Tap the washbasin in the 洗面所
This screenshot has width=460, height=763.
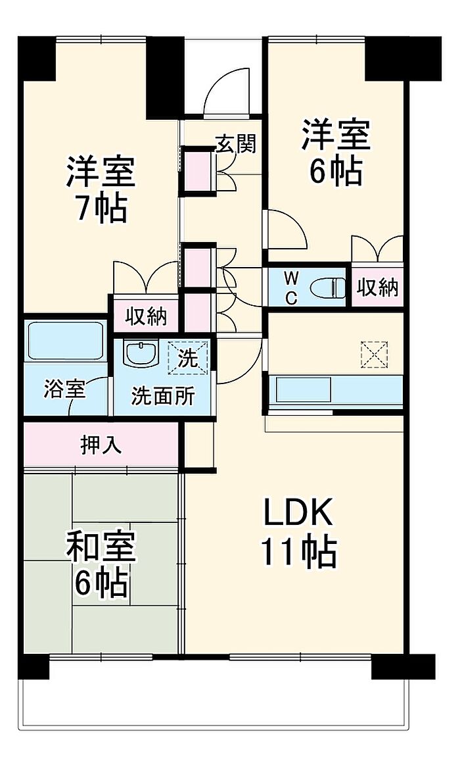(x=141, y=354)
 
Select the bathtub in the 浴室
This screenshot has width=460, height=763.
(x=66, y=340)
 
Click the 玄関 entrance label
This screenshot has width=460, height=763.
(x=236, y=143)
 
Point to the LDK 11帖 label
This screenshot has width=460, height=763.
(x=298, y=533)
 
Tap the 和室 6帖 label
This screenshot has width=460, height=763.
(x=101, y=564)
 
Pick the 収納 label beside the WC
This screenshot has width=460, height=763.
(x=378, y=287)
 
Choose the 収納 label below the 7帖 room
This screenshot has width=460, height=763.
(x=146, y=316)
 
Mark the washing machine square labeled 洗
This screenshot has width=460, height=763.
(x=188, y=358)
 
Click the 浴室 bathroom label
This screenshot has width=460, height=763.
(x=64, y=389)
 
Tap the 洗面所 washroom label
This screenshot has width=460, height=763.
(x=162, y=397)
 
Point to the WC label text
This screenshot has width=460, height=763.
(x=290, y=288)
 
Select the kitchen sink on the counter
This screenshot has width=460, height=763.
(x=304, y=390)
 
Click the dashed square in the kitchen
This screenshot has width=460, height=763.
(x=375, y=354)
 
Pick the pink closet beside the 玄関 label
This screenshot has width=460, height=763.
(x=198, y=171)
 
